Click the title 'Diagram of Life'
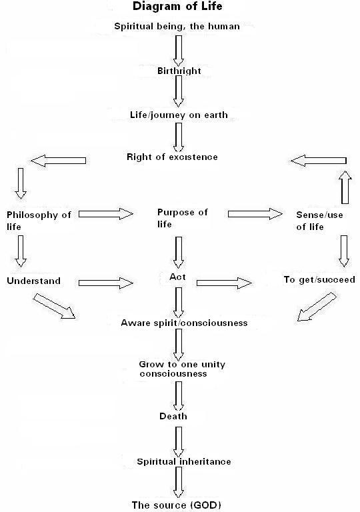coord(177,6)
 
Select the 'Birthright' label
coord(179,71)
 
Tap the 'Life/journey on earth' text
coord(179,115)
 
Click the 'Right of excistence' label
coord(172,157)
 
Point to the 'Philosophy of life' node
coord(39,221)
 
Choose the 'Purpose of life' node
coord(182,218)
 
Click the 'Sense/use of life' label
coord(319,221)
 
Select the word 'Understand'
coord(33,281)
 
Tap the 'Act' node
coord(177,277)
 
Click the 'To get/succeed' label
coord(319,280)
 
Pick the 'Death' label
coord(173,416)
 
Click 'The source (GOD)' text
coord(177,505)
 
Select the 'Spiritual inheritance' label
coord(184,462)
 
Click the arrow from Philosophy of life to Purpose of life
coord(106,214)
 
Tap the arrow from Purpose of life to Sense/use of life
coord(255,214)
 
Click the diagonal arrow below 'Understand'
coord(54,306)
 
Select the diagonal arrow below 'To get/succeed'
coord(317,307)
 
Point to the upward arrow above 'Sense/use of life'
coord(345,187)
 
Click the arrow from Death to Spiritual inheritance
coord(179,442)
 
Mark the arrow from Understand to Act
coord(106,283)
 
